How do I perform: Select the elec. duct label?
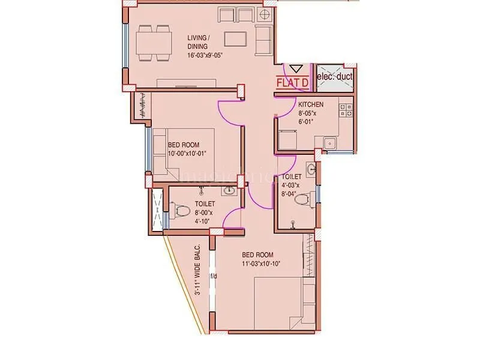tap(334, 77)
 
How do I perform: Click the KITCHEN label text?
tap(311, 104)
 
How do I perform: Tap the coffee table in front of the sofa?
tap(236, 39)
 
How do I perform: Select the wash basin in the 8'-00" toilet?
tap(228, 191)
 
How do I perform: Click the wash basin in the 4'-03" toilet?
tap(311, 170)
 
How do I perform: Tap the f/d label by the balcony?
tap(212, 277)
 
